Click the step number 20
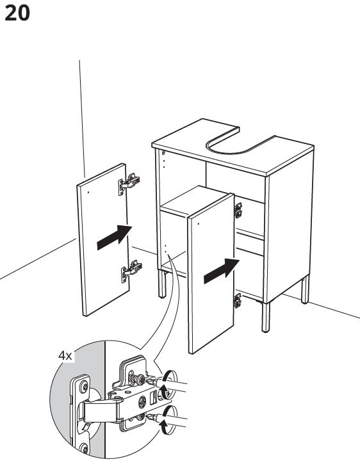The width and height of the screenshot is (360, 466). point(17,13)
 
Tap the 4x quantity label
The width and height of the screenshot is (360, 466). point(65,355)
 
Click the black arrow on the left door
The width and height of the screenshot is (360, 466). point(115,237)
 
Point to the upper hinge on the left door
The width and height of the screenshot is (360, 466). point(129,184)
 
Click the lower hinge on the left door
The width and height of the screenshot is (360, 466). point(131,271)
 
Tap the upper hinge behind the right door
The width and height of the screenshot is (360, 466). point(238,211)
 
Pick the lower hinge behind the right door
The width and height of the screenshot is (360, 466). point(238,300)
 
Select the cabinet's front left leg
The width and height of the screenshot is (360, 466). point(162,284)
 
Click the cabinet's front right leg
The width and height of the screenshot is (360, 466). point(266,317)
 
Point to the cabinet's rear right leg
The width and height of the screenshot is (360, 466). point(306,290)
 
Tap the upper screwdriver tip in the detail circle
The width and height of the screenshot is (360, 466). point(151,380)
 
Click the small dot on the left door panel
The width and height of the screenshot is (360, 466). point(88,192)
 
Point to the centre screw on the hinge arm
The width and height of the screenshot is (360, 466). point(142,402)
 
